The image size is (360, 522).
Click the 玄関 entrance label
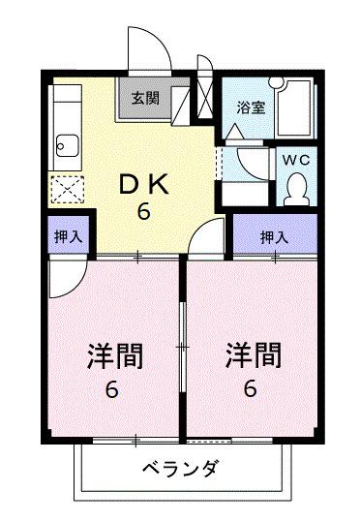click(145, 99)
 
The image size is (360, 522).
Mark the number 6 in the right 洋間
click(251, 390)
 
